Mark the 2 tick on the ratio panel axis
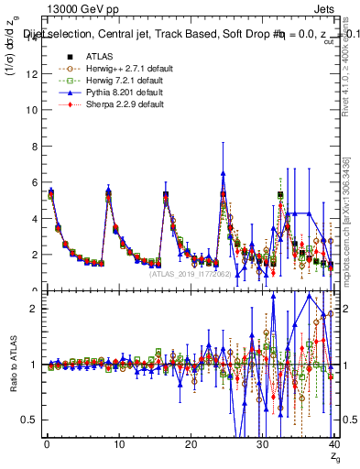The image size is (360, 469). coord(33,309)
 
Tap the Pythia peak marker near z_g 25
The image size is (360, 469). coord(223,173)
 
